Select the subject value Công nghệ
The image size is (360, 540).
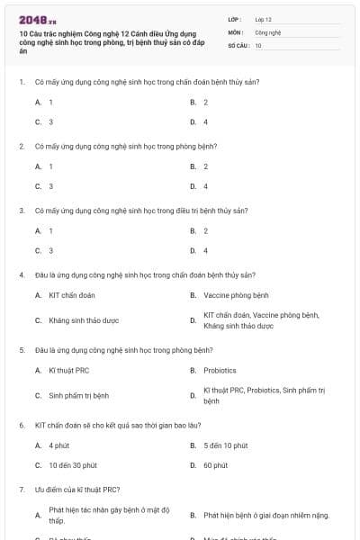[268, 31]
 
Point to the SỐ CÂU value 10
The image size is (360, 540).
[258, 45]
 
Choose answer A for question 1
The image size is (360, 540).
[44, 103]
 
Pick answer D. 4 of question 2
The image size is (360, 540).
[200, 186]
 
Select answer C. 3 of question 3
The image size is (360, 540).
[44, 251]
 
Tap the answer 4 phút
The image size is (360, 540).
[58, 445]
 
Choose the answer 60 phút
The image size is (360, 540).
[215, 465]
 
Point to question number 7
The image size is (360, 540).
[21, 490]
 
